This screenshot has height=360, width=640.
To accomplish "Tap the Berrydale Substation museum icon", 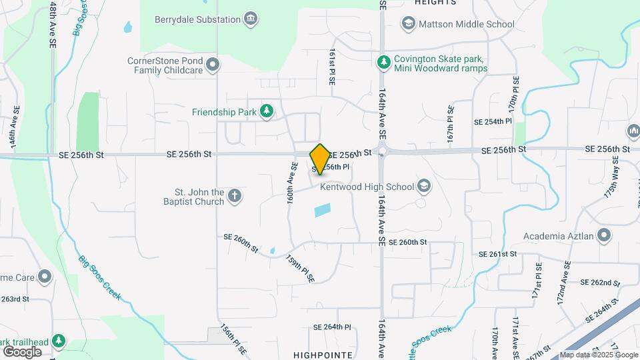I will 251,19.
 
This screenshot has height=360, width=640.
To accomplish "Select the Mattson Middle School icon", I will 407,24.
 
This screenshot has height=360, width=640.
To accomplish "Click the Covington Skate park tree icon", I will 383,63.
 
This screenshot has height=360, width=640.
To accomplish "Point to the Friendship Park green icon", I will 267,111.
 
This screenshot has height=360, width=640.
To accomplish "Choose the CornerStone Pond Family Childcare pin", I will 213,65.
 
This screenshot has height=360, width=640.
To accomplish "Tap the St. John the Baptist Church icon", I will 234,196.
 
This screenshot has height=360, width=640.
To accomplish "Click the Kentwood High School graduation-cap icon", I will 423,187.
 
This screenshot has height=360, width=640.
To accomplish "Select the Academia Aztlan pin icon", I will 604,235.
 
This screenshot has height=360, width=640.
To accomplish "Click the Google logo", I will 23,351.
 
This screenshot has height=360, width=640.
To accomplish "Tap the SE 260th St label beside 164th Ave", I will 407,242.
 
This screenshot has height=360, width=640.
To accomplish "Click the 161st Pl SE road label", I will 331,67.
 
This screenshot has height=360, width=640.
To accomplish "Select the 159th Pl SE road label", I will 300,269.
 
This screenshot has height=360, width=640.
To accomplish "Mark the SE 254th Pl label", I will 493,122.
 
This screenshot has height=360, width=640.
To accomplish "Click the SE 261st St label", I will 498,254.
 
